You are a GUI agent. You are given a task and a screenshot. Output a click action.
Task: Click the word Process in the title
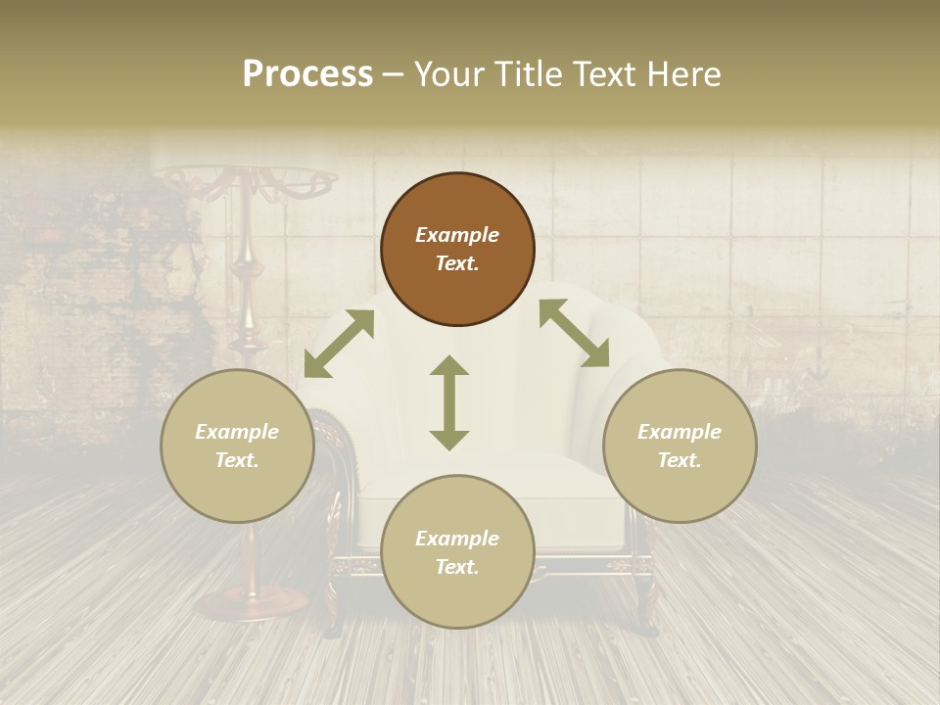click(x=307, y=74)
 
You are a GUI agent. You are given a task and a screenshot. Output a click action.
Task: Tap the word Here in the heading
click(x=684, y=74)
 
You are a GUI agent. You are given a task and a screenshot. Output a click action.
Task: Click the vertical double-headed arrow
click(x=449, y=402)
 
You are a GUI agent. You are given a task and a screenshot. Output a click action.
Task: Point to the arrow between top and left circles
click(x=339, y=344)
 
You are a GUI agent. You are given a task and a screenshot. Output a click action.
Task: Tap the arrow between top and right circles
click(x=574, y=333)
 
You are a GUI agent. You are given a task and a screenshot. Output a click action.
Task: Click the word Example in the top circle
click(x=457, y=235)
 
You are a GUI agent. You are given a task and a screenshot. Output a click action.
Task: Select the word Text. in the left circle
click(x=237, y=460)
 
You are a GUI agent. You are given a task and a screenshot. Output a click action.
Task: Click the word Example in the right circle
click(x=680, y=432)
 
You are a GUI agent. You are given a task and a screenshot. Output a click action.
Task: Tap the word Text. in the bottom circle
click(x=457, y=567)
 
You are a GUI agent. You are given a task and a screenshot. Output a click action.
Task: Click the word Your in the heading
click(x=446, y=74)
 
